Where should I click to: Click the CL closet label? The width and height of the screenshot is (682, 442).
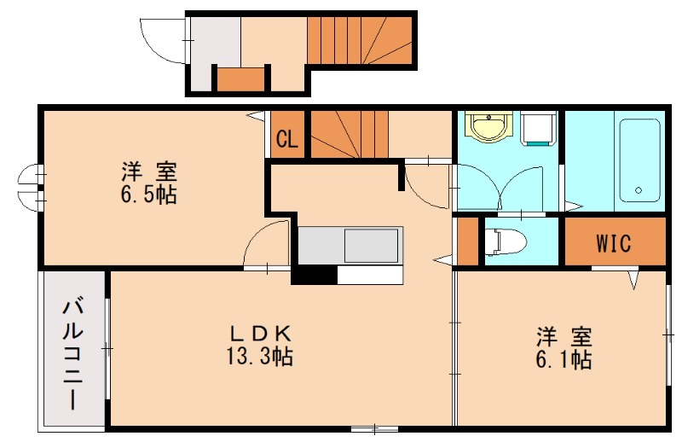[287, 139]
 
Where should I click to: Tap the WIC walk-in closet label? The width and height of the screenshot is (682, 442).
[613, 243]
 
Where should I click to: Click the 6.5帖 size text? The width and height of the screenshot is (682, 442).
[148, 195]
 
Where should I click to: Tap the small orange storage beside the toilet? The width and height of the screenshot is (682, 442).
[467, 242]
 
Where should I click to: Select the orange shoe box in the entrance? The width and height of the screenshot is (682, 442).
[238, 79]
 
